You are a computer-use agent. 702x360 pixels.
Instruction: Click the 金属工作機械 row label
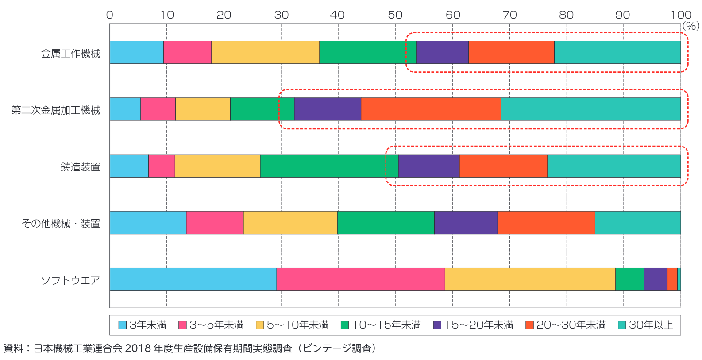tap(70, 54)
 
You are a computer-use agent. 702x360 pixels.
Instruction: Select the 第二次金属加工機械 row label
tap(56, 110)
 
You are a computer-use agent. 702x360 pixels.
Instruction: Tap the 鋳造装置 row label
tap(80, 167)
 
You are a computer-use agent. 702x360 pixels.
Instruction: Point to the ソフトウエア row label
tap(70, 280)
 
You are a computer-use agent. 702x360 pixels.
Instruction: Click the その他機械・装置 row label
tap(61, 224)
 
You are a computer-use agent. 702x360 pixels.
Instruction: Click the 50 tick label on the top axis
tap(395, 15)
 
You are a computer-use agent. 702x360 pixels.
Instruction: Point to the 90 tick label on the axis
tap(623, 15)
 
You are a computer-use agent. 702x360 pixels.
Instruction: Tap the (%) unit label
tap(690, 26)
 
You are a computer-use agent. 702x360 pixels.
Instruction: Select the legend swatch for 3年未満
tap(123, 325)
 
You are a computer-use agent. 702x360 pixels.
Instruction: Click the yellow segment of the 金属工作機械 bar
tap(265, 52)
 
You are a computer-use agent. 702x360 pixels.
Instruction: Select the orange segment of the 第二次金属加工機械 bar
tap(431, 109)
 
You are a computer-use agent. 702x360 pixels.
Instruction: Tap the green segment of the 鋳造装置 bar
tap(329, 166)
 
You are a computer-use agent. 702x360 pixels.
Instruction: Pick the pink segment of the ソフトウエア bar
tap(360, 279)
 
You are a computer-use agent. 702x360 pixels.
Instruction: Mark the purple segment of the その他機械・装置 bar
tap(466, 222)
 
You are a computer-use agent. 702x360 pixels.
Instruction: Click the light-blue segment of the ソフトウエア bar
tap(193, 279)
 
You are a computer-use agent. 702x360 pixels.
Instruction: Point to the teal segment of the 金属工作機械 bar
tap(617, 52)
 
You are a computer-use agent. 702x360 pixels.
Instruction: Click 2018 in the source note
tap(137, 348)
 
